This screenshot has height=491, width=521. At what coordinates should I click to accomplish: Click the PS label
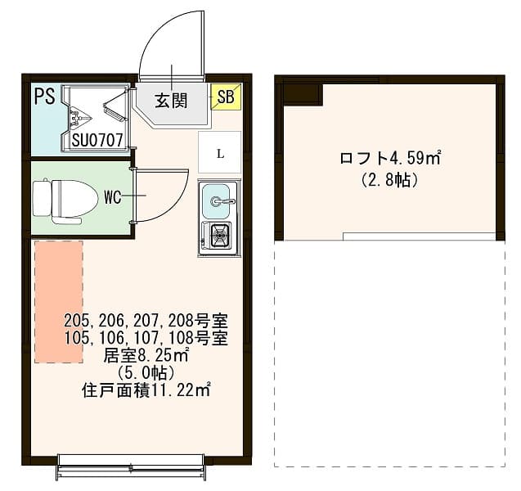tap(44, 97)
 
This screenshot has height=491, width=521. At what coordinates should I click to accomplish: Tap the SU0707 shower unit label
tap(97, 141)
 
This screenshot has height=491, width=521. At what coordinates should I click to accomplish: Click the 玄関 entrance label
tap(172, 101)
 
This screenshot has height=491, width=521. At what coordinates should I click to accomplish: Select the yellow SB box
tap(226, 97)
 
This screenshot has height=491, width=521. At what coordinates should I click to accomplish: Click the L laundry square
tap(219, 152)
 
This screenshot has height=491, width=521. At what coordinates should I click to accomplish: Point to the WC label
tap(113, 196)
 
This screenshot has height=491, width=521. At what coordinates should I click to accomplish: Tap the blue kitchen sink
tap(218, 201)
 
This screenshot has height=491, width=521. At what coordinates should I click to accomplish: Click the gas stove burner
tap(219, 236)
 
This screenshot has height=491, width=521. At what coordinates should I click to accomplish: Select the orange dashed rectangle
tap(58, 301)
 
